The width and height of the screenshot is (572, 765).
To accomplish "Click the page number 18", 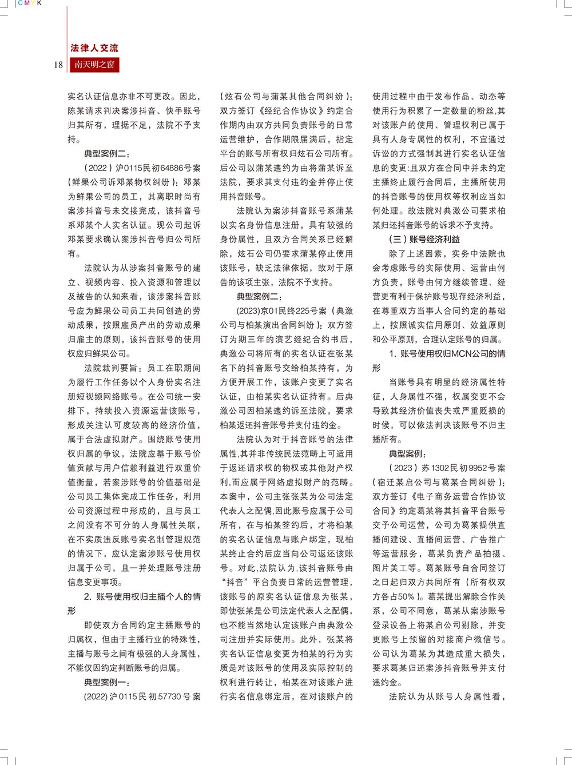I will (x=58, y=65).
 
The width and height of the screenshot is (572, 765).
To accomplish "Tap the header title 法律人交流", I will (x=94, y=48).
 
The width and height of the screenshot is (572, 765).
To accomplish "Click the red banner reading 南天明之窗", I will (x=94, y=65).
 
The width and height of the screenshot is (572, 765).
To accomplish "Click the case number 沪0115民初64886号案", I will (x=158, y=168).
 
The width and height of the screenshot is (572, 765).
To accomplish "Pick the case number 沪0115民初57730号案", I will (x=155, y=697).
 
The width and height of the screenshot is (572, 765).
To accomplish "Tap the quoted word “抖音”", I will (x=235, y=583).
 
